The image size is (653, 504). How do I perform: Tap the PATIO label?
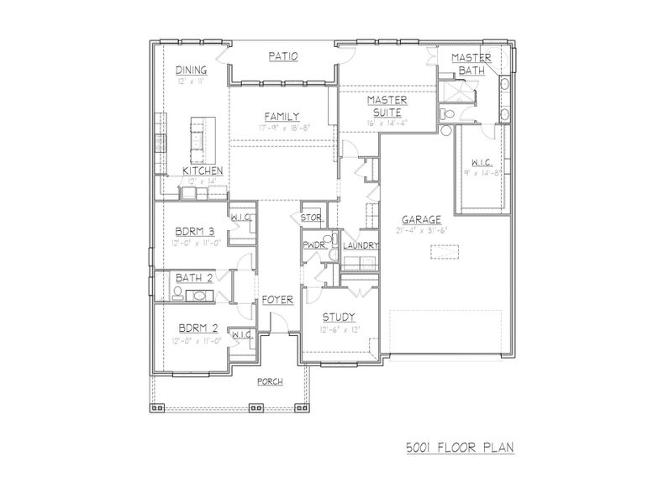pos(283,57)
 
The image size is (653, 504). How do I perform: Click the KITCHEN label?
pos(203,171)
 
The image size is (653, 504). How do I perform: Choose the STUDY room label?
pos(339,317)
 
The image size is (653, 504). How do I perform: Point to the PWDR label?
pos(314,245)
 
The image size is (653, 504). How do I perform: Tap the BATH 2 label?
pos(192,278)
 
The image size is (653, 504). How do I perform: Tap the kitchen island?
pos(200,140)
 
